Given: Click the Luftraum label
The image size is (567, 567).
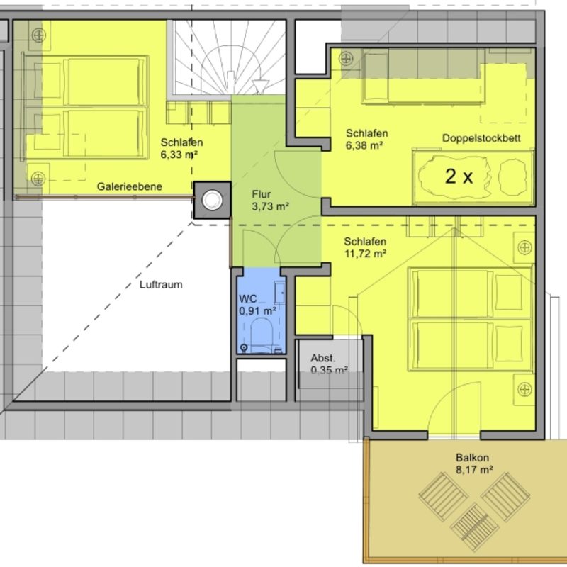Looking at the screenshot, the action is (x=161, y=285).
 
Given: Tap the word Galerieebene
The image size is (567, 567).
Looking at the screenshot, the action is (x=130, y=186).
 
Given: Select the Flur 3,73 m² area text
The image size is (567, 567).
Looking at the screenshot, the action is (x=270, y=201).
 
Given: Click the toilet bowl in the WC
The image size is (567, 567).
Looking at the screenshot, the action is (x=262, y=334).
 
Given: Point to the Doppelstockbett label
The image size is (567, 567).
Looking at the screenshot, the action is (x=481, y=138).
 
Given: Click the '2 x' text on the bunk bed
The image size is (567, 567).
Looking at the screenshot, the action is (x=459, y=176).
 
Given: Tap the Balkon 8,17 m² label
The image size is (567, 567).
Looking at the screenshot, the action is (x=474, y=464).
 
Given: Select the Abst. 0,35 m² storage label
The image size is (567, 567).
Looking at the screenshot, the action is (x=329, y=364).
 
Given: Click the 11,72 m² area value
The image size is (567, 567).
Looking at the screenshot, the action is (x=365, y=254).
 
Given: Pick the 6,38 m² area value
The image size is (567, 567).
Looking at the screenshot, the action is (x=364, y=146).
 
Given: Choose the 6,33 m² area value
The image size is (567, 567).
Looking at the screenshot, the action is (x=179, y=155).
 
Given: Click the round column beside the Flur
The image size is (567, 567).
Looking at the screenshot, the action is (x=212, y=200).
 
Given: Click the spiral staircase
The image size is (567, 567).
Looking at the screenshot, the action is (x=229, y=58).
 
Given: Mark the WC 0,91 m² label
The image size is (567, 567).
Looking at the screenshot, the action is (x=257, y=305).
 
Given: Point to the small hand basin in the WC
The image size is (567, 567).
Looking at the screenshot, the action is (x=279, y=292).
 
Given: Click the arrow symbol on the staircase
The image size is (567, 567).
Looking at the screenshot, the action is (x=259, y=86).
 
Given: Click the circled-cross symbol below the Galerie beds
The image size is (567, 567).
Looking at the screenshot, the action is (x=38, y=179).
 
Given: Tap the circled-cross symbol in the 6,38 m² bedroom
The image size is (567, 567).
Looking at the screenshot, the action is (x=346, y=59).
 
